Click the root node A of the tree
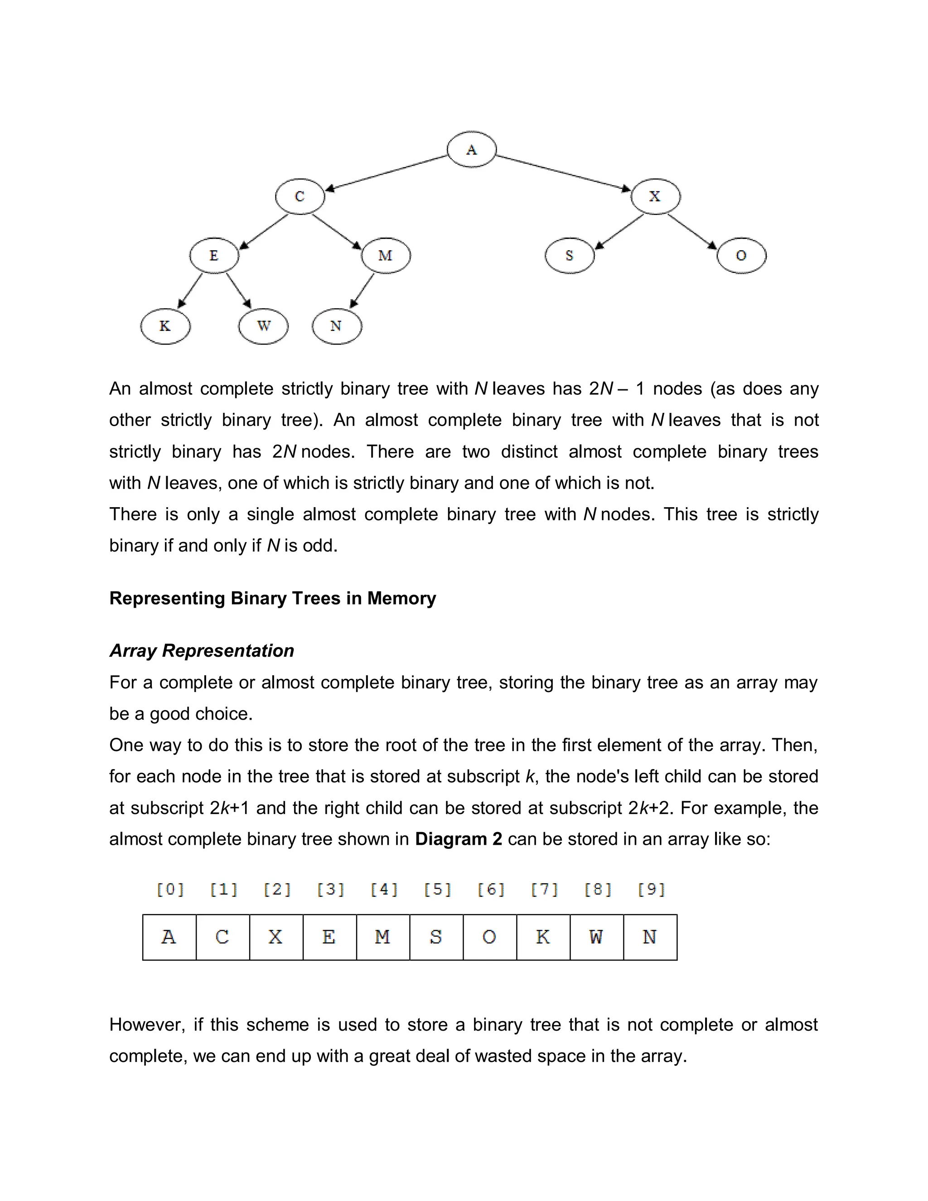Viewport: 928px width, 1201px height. click(x=471, y=150)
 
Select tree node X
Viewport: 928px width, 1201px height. click(x=655, y=196)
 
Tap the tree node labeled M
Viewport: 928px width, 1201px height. click(x=386, y=256)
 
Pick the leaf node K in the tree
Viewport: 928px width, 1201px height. click(x=165, y=326)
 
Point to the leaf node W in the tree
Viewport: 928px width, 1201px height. click(x=263, y=326)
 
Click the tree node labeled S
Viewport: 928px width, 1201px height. click(x=570, y=256)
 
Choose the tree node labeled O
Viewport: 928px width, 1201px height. click(x=741, y=256)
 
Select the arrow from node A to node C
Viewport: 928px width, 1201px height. click(x=387, y=173)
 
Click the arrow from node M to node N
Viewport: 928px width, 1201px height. click(x=362, y=291)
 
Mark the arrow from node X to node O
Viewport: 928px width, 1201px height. click(x=692, y=232)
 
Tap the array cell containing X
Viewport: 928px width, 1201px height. click(x=276, y=937)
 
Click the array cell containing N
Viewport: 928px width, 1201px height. click(x=650, y=937)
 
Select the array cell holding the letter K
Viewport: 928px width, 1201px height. click(x=543, y=937)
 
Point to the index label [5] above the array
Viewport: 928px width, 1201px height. click(x=438, y=890)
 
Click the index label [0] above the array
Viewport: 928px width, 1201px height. click(x=170, y=890)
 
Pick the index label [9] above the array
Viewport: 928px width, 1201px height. click(x=652, y=890)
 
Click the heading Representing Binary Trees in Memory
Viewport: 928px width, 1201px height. click(x=273, y=598)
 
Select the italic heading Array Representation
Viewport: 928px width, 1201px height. click(x=202, y=650)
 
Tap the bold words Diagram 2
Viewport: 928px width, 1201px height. click(x=459, y=839)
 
